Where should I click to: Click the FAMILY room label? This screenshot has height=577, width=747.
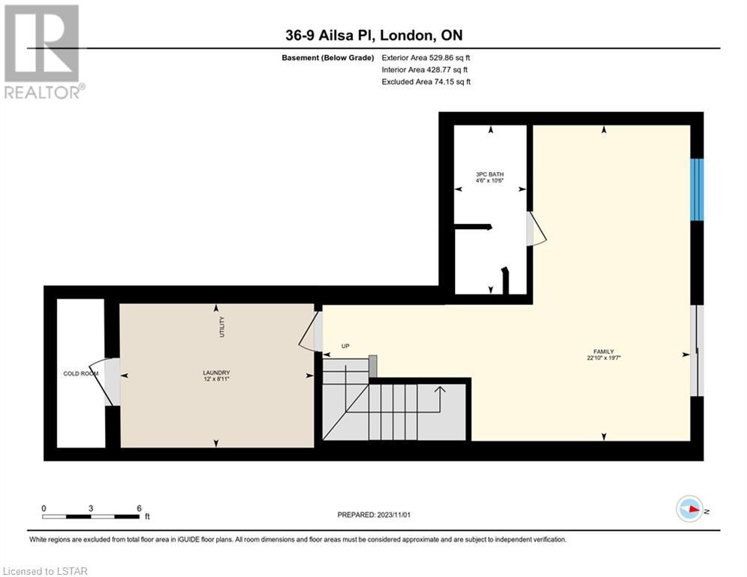604,352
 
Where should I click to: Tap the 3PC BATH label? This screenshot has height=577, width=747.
489,174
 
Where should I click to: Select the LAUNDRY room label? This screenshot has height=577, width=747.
216,373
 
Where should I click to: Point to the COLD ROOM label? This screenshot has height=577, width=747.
81,373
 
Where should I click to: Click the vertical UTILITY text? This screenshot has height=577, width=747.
221,327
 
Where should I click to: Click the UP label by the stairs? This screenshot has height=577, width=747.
345,346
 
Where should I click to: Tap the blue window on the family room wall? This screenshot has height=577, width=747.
697,189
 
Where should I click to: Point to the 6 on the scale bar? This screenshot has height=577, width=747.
139,509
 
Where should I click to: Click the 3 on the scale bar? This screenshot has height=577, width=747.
91,509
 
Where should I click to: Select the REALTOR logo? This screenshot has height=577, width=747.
42,52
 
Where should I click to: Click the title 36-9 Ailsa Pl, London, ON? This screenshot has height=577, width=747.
374,35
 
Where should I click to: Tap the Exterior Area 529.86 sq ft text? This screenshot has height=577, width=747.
426,58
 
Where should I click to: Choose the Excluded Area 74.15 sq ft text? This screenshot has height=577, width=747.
426,82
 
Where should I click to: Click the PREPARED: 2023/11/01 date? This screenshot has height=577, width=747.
374,515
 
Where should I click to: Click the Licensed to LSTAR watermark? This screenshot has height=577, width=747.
45,571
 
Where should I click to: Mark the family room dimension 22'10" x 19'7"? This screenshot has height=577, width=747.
604,358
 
